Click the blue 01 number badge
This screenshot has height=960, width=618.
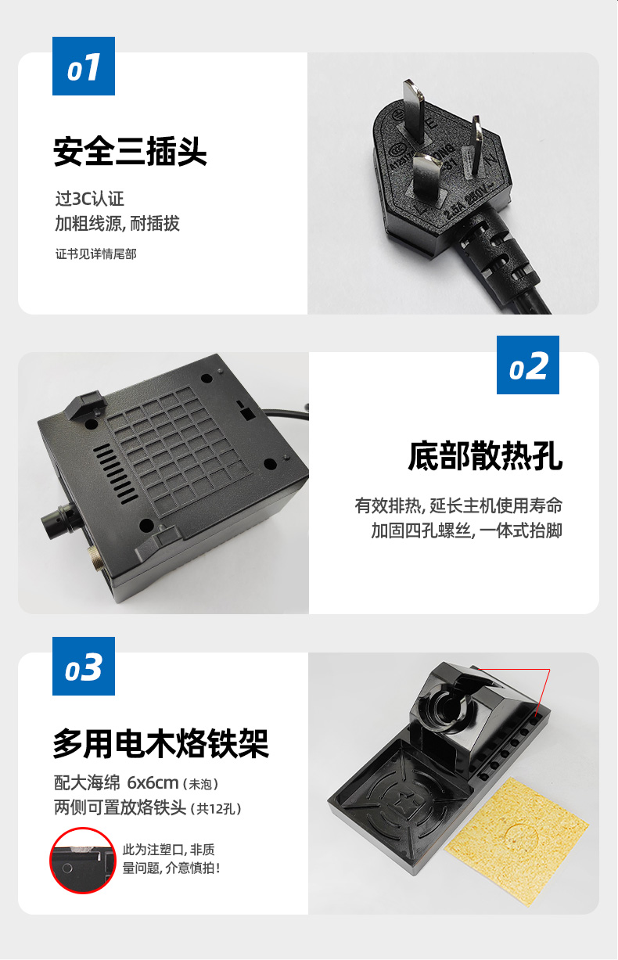(84, 66)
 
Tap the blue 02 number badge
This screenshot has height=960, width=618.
(528, 365)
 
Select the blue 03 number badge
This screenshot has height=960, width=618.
(84, 666)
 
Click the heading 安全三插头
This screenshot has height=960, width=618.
(130, 151)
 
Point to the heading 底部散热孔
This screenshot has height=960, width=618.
(485, 456)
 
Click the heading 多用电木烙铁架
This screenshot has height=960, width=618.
(160, 743)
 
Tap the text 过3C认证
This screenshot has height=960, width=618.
(89, 199)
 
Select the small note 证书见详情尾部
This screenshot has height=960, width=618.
(95, 254)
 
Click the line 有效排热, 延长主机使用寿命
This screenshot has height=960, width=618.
(458, 505)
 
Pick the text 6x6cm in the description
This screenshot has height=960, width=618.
(153, 783)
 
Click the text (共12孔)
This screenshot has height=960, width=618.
(216, 809)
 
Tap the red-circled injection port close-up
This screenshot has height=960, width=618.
(83, 861)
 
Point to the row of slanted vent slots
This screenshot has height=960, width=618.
(115, 473)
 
